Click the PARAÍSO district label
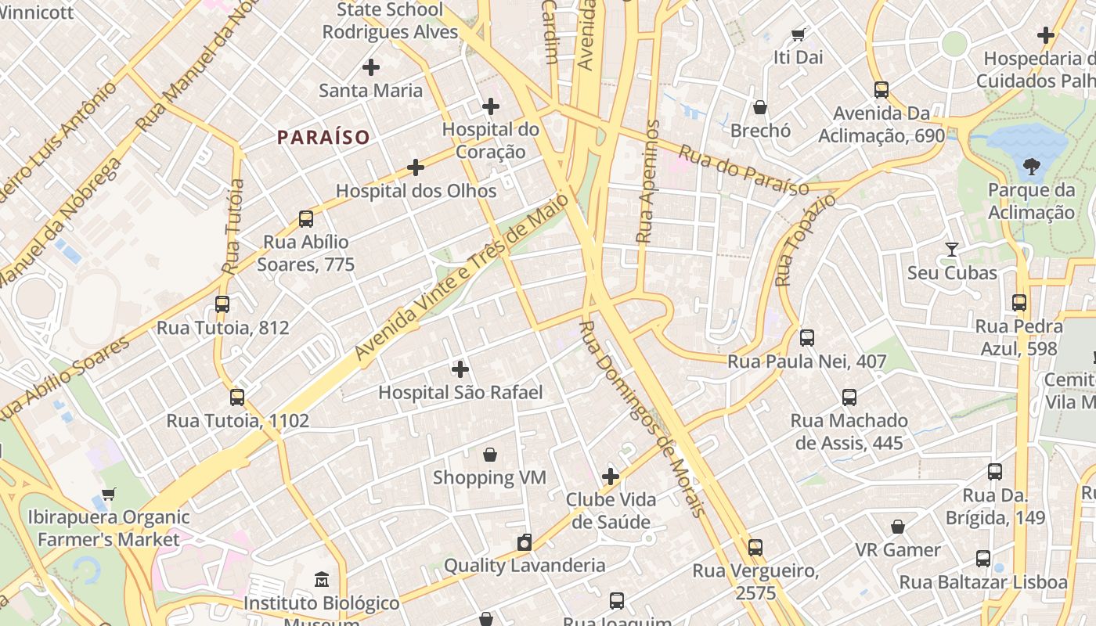[x=323, y=138]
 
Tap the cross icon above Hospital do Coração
[x=491, y=106]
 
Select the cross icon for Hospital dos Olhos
[x=416, y=167]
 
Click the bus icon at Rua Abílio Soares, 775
[x=306, y=219]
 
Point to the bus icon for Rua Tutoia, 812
[x=222, y=304]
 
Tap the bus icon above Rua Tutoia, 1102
[x=237, y=398]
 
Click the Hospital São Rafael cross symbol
[x=460, y=369]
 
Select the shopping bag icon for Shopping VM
[x=490, y=455]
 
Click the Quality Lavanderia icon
[x=525, y=542]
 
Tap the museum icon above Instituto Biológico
[x=322, y=581]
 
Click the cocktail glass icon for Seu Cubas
[x=952, y=250]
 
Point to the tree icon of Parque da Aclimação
[x=1031, y=167]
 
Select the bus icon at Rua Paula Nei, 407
[x=807, y=338]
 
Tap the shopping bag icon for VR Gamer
[x=898, y=527]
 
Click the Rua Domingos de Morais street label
[x=643, y=419]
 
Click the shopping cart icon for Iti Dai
[x=798, y=34]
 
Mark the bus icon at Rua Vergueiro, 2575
[x=755, y=548]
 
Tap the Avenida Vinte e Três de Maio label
[x=463, y=277]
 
